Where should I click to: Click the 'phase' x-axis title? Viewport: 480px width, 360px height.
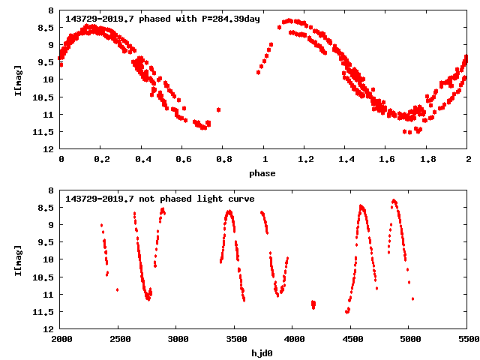(262, 173)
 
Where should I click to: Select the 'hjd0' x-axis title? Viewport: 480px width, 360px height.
(262, 353)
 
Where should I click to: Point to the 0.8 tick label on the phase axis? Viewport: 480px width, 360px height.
(223, 160)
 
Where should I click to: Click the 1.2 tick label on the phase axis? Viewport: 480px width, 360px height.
(305, 160)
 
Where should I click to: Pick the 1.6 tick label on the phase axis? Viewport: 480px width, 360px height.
(386, 160)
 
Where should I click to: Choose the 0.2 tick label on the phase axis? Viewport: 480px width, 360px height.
(101, 160)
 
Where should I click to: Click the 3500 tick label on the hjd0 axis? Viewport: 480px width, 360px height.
(235, 340)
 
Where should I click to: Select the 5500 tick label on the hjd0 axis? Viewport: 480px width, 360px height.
(467, 340)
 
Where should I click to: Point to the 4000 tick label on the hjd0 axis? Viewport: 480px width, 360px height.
(292, 340)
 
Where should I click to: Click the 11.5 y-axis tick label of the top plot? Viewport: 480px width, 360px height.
(44, 131)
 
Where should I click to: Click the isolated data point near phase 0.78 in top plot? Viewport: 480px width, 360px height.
(218, 109)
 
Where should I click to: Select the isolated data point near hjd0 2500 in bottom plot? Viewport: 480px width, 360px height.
(117, 289)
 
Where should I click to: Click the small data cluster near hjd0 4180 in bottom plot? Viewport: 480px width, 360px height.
(313, 304)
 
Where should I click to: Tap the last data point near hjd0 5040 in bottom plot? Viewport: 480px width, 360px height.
(412, 298)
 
